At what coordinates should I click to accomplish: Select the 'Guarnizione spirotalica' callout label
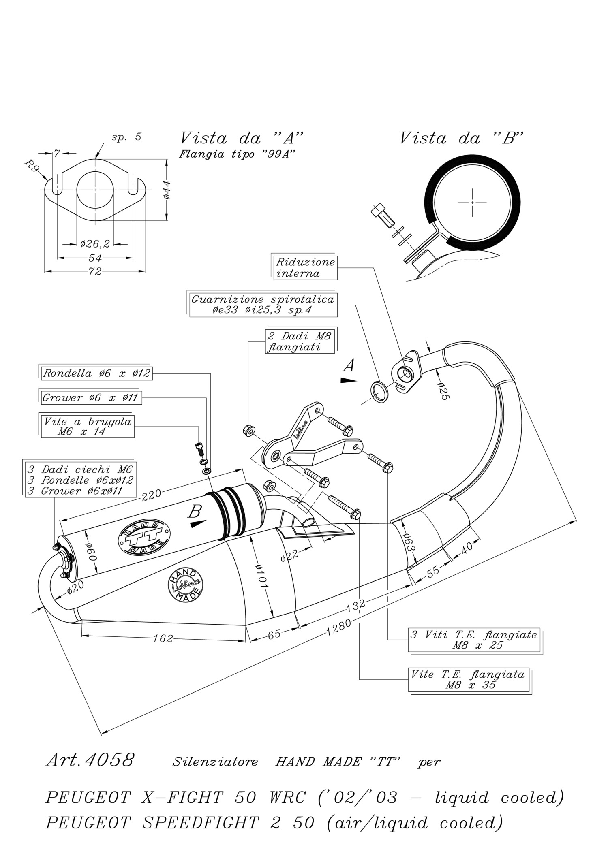click(x=263, y=304)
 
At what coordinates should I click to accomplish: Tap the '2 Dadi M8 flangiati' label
click(x=300, y=341)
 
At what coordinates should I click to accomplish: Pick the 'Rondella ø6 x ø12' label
click(x=96, y=373)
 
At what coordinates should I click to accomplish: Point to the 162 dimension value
click(x=163, y=639)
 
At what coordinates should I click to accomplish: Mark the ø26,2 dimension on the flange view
click(x=95, y=244)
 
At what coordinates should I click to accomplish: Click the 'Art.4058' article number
click(x=90, y=760)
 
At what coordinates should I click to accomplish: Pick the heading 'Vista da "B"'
click(x=462, y=138)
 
